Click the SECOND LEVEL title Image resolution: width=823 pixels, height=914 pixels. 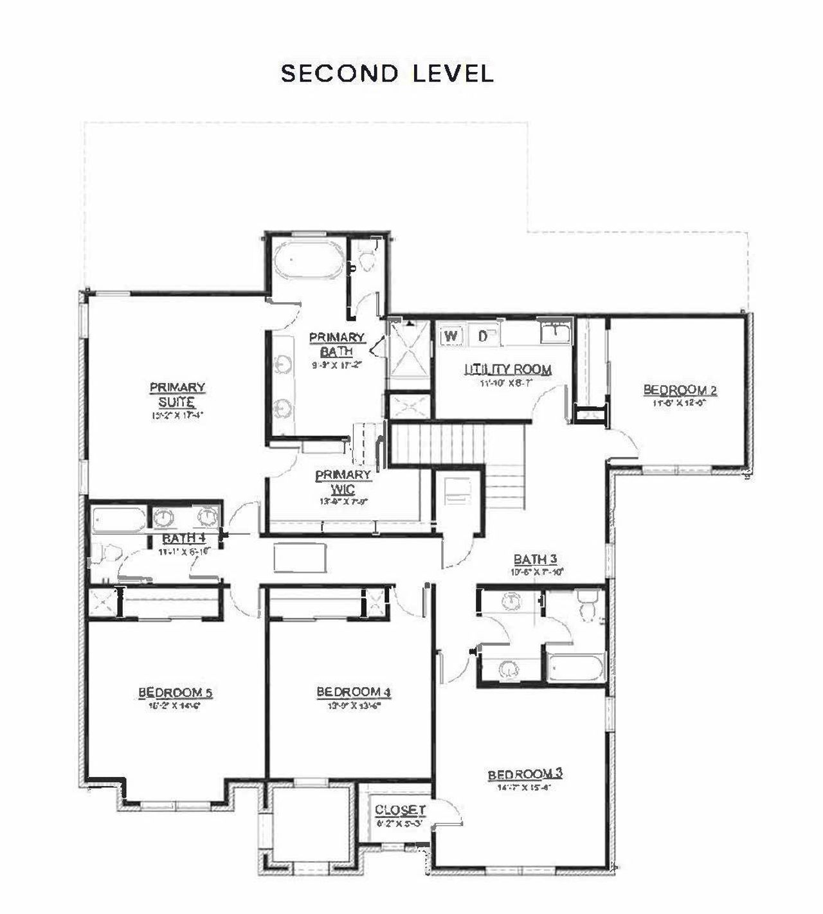point(387,73)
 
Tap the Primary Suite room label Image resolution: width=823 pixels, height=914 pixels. point(177,395)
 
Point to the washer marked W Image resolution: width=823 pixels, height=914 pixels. point(452,335)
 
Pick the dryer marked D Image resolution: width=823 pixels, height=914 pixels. point(484,335)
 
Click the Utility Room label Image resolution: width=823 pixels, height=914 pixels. point(508,370)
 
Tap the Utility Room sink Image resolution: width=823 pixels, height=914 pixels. point(555,333)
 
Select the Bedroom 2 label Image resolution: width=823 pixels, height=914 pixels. point(680,390)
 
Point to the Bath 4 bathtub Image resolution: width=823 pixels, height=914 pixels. point(120,519)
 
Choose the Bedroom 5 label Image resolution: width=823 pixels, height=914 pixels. point(175,693)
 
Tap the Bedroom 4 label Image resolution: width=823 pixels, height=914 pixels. point(354,692)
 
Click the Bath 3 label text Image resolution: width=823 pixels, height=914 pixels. point(535,559)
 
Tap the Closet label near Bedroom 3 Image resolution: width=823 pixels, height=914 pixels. point(400,811)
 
